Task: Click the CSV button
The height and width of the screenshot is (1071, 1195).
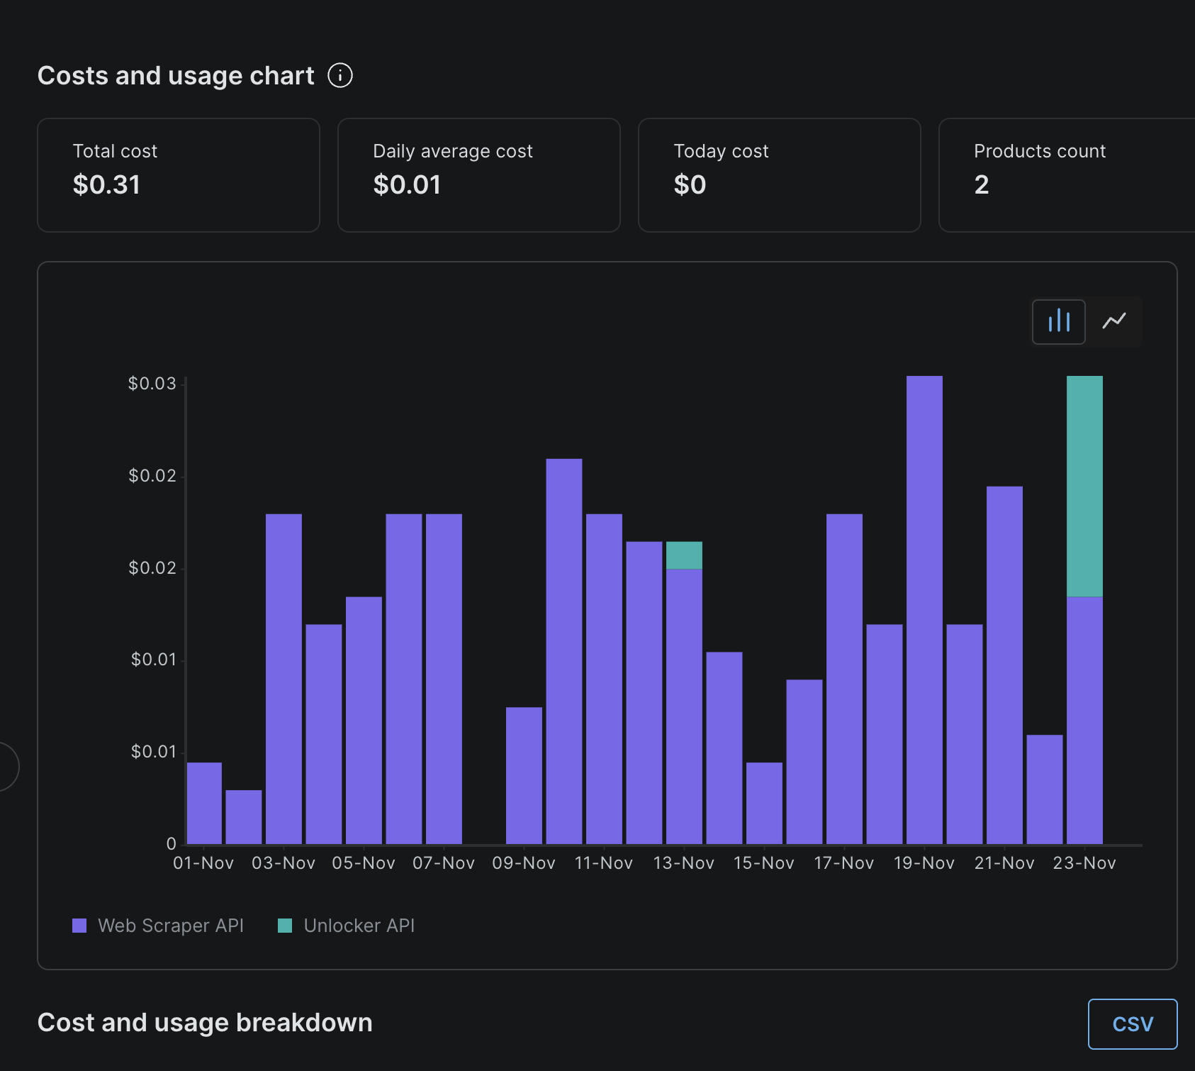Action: [x=1132, y=1023]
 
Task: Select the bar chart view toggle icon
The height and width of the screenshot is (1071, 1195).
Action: [x=1058, y=321]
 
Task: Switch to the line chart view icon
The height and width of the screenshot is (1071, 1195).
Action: [x=1113, y=321]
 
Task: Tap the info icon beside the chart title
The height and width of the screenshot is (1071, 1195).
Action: [x=340, y=75]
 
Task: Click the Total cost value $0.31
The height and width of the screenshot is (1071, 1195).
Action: [x=106, y=184]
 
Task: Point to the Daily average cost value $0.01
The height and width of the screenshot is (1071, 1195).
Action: [x=407, y=184]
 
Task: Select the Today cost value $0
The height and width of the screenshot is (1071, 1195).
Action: [x=689, y=184]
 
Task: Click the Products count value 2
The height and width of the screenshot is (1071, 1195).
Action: [x=981, y=184]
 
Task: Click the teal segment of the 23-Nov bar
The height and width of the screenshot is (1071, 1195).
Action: [x=1084, y=486]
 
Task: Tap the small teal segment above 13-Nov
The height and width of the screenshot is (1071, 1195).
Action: [x=684, y=555]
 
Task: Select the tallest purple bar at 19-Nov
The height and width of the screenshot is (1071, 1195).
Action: [x=924, y=610]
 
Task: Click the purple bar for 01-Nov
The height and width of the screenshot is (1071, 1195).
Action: [x=204, y=803]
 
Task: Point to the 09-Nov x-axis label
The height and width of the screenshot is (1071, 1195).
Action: [x=524, y=863]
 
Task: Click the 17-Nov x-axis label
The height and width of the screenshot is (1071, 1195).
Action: [x=843, y=863]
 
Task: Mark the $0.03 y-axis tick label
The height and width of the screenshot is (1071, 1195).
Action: [x=152, y=384]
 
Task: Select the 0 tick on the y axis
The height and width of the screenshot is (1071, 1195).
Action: [x=171, y=844]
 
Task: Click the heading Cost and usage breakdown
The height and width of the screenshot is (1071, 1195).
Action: [x=205, y=1023]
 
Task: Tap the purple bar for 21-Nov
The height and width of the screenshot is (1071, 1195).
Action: [x=1004, y=665]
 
